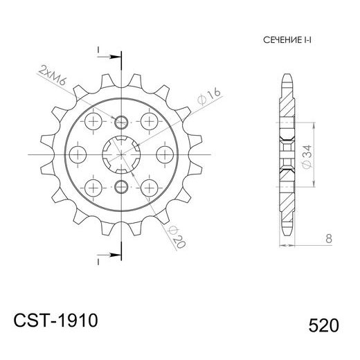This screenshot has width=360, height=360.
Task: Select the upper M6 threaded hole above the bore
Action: [x=122, y=122]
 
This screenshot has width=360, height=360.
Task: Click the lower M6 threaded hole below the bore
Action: [x=122, y=184]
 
